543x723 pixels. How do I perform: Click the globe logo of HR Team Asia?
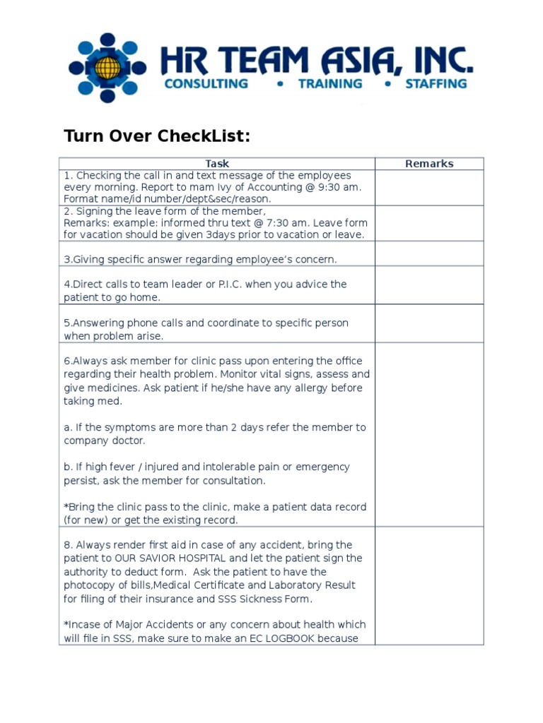[x=107, y=68]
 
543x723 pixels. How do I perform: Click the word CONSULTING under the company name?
[x=206, y=83]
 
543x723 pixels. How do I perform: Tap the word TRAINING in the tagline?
[x=329, y=83]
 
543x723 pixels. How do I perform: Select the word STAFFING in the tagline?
[x=436, y=83]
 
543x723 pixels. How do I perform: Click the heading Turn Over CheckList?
[x=157, y=136]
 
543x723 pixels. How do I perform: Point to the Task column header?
[x=217, y=164]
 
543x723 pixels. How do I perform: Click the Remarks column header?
[x=429, y=164]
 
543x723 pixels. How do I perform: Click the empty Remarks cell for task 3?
[x=429, y=253]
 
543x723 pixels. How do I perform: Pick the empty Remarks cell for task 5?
[x=429, y=323]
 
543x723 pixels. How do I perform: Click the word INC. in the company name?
[x=440, y=61]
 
